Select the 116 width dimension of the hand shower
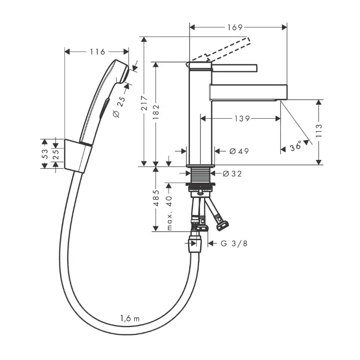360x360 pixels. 97,51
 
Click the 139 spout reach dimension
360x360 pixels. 240,119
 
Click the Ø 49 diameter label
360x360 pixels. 239,151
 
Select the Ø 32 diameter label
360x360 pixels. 232,174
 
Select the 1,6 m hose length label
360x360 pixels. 129,318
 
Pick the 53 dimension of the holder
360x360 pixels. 45,153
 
